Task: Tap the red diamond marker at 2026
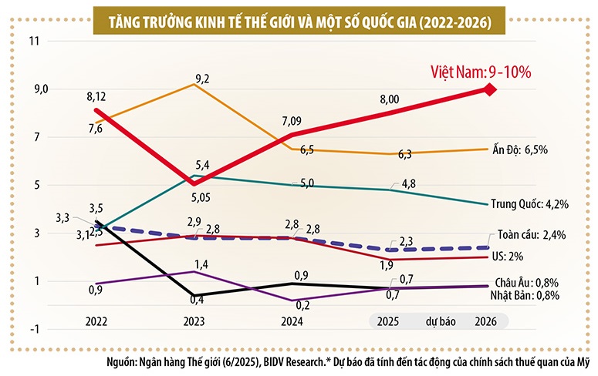click(489, 89)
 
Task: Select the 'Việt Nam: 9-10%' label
click(481, 72)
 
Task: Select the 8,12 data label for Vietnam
click(96, 97)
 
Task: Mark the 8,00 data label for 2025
click(390, 99)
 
